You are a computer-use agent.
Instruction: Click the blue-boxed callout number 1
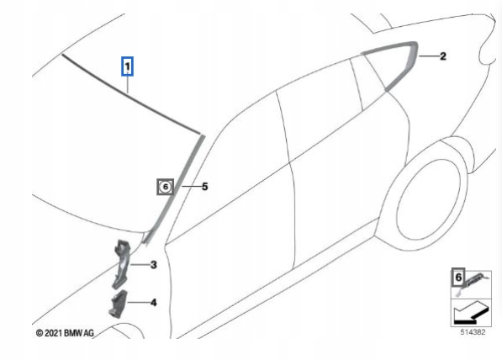tap(127, 64)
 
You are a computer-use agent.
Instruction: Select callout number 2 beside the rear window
tap(443, 56)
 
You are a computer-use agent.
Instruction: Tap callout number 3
tap(154, 266)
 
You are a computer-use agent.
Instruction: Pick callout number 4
tap(154, 302)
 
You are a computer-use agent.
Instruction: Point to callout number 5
tap(204, 187)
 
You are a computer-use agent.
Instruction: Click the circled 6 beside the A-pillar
tap(165, 187)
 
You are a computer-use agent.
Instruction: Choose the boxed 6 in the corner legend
tap(458, 278)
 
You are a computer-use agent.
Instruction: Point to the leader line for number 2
tap(427, 56)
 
